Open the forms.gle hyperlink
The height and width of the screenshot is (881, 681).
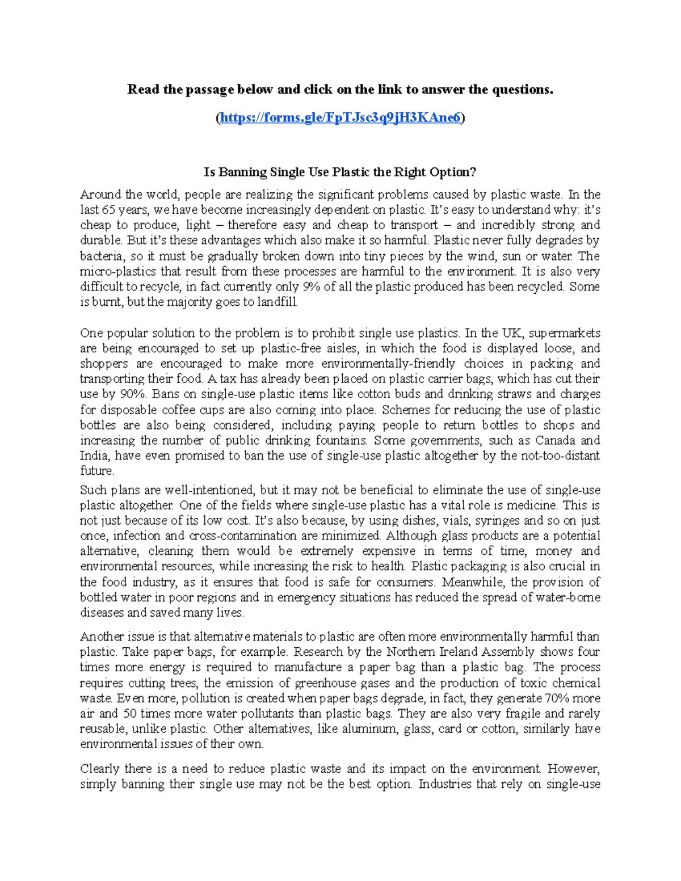click(x=340, y=117)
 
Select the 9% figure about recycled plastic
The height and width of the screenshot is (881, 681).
click(x=312, y=286)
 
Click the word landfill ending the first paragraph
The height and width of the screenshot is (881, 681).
click(x=276, y=302)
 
